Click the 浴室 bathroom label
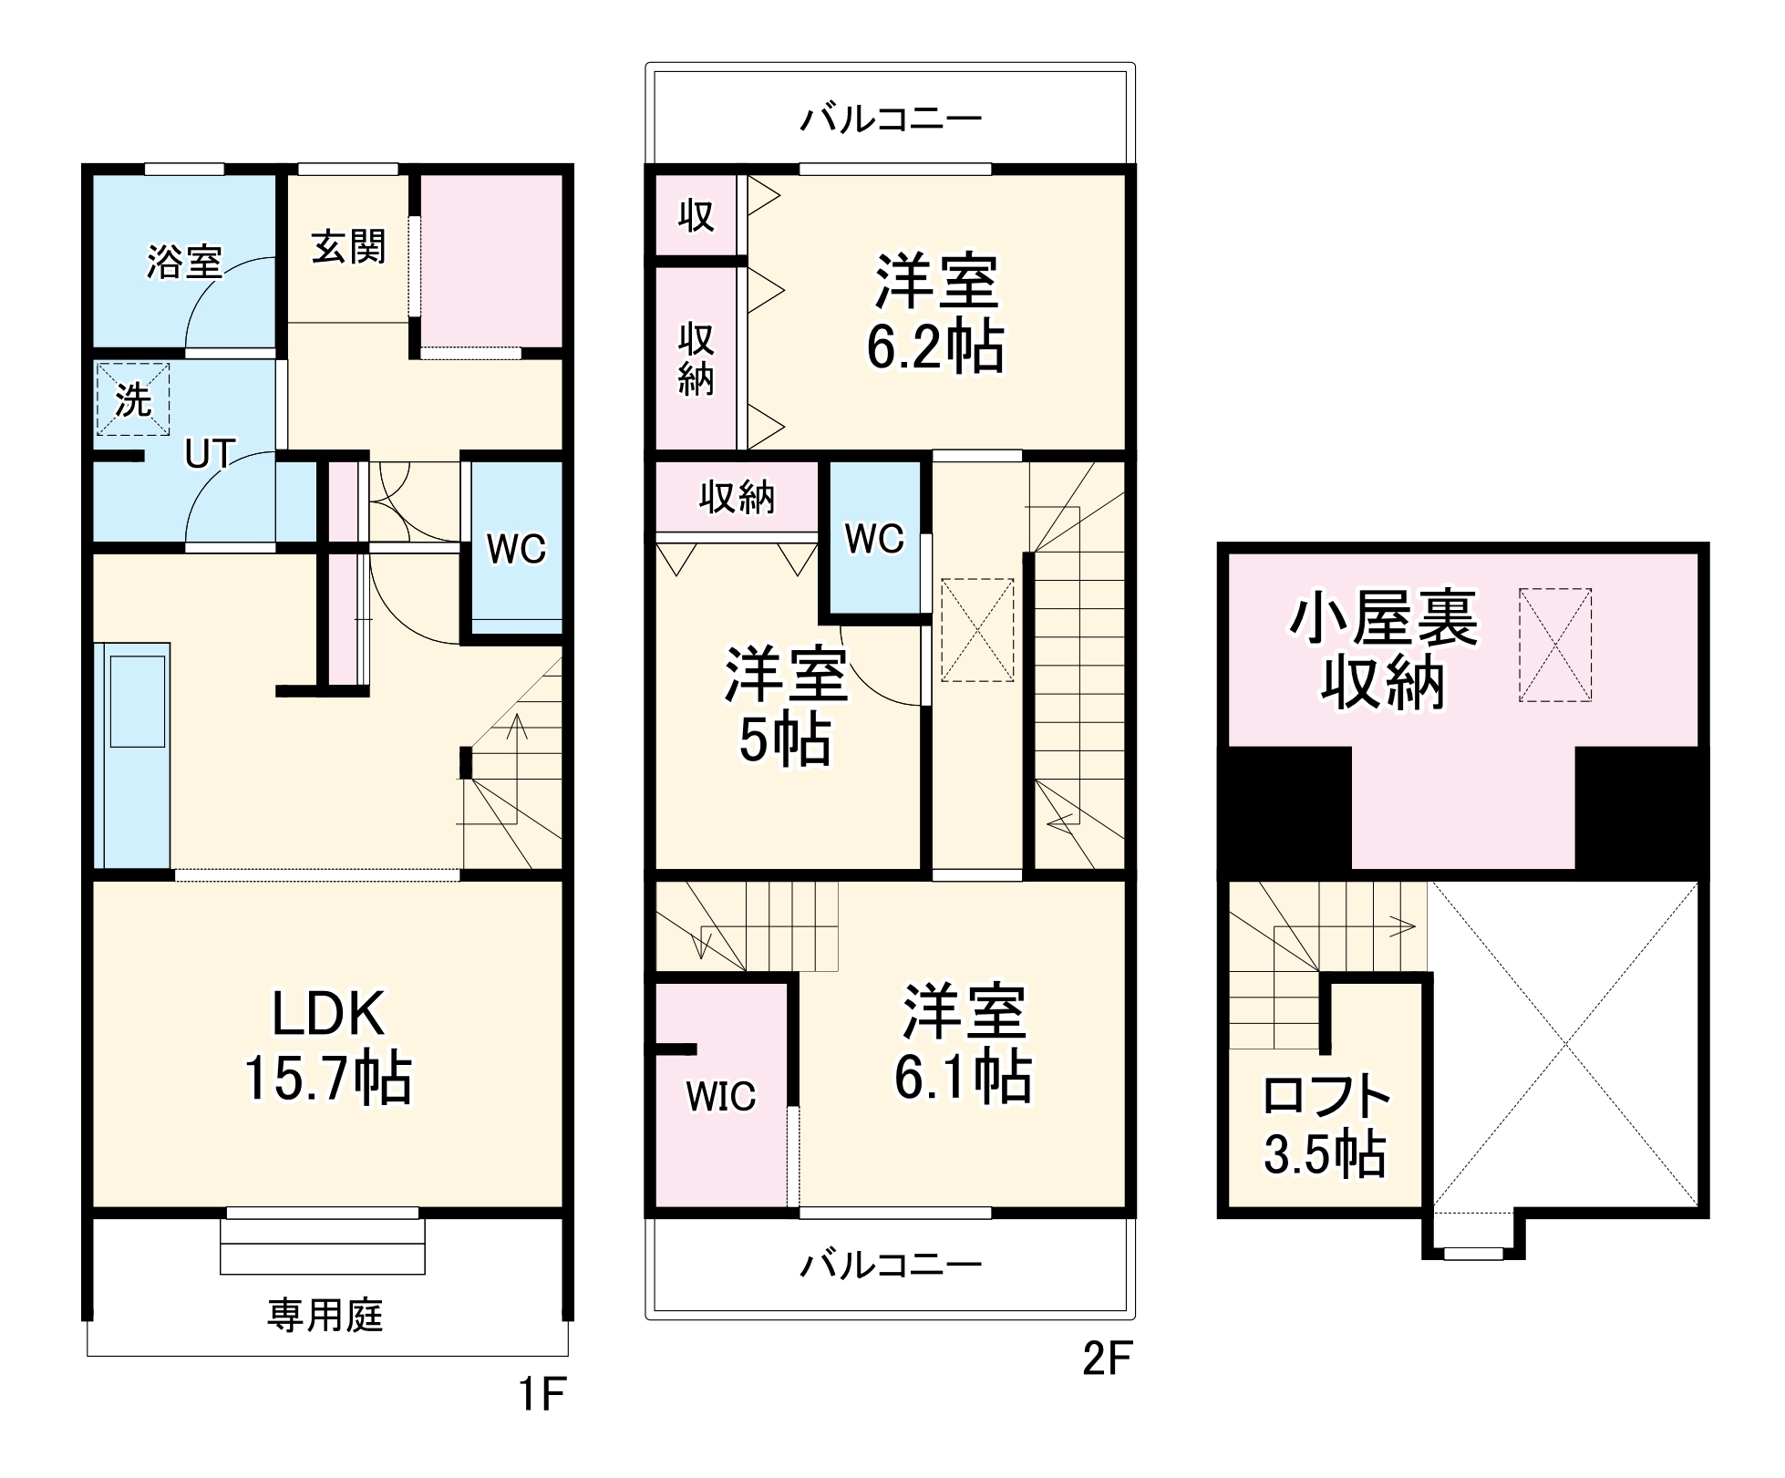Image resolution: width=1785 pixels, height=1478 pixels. click(184, 263)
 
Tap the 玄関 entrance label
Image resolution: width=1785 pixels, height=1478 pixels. click(348, 247)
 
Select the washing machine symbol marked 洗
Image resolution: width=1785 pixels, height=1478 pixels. click(133, 399)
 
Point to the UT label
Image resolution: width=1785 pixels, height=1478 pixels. click(210, 454)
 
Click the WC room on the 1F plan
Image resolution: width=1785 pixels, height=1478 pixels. click(515, 549)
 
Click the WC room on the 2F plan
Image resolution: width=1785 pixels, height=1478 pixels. click(874, 539)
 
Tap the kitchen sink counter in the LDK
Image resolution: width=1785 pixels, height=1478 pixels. click(133, 755)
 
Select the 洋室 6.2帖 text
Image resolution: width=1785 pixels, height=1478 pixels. click(935, 314)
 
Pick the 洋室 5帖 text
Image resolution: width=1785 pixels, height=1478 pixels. click(786, 706)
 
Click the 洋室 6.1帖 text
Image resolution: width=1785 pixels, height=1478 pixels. click(963, 1044)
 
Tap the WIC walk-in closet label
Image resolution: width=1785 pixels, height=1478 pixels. click(720, 1097)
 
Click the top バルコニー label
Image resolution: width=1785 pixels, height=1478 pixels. click(891, 119)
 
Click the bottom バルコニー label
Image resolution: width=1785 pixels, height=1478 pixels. click(891, 1265)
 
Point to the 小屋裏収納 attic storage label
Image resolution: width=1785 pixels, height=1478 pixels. click(1382, 650)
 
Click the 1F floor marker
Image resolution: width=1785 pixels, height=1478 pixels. click(542, 1394)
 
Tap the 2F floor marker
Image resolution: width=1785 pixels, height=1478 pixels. click(1107, 1359)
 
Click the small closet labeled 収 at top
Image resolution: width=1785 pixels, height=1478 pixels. click(696, 216)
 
